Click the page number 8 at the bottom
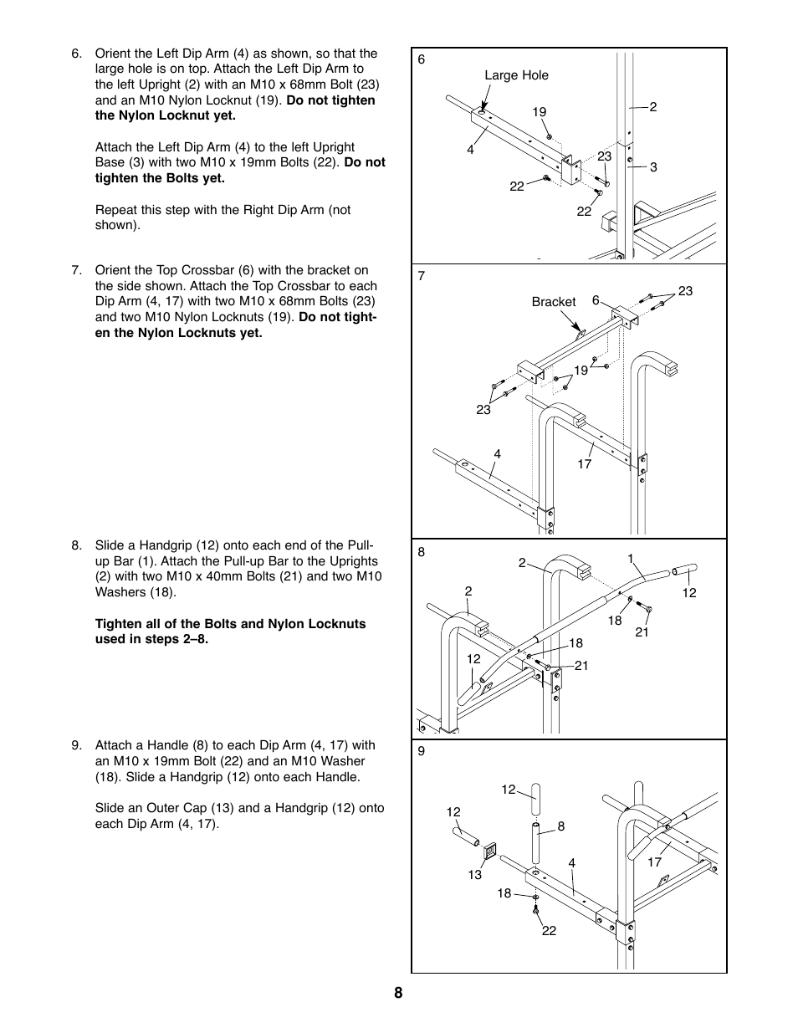click(398, 993)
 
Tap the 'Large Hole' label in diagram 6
click(516, 75)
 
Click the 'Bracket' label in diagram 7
click(553, 302)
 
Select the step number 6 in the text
click(76, 54)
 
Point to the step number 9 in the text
click(76, 745)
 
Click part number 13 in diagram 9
click(475, 875)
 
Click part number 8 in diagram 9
click(561, 826)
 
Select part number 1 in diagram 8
click(630, 558)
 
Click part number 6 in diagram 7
click(596, 300)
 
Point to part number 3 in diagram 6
click(653, 167)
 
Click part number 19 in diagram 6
click(539, 112)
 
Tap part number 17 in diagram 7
click(584, 463)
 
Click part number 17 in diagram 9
click(654, 862)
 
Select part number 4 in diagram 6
click(470, 151)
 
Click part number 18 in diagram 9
click(504, 893)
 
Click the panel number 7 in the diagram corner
click(422, 276)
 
